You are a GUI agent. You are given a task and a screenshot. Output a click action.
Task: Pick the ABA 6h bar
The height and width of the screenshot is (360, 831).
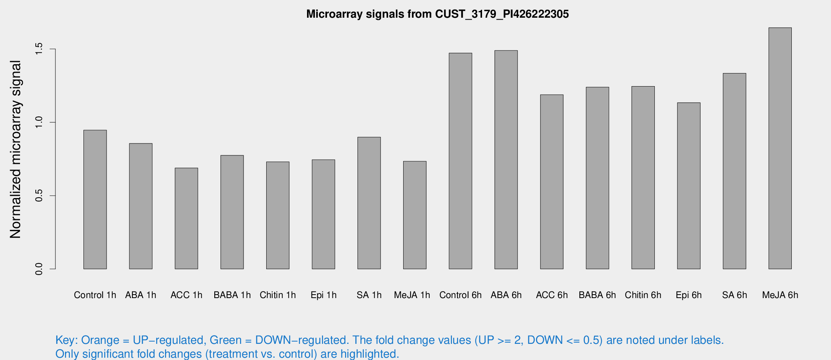click(506, 160)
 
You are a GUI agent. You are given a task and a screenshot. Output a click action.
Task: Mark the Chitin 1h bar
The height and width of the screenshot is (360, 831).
click(278, 215)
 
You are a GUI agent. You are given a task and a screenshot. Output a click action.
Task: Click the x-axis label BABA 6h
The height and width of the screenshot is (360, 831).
click(597, 295)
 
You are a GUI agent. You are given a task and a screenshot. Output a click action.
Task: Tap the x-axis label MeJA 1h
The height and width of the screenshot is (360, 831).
click(412, 295)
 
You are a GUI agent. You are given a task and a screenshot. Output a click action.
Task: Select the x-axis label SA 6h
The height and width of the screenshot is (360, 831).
click(734, 295)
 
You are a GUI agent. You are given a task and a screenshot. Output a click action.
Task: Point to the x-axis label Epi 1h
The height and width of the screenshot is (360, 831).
click(323, 295)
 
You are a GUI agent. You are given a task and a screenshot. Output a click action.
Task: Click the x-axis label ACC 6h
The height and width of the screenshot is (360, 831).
click(552, 295)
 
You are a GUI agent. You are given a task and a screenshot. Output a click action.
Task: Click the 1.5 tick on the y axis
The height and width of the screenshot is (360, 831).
click(39, 49)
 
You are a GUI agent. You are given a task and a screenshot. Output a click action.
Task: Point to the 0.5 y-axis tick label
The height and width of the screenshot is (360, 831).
click(39, 195)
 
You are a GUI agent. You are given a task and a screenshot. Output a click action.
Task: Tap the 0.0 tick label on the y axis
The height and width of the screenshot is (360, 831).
click(39, 269)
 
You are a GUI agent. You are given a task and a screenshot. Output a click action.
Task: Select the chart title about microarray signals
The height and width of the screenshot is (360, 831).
click(437, 14)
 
